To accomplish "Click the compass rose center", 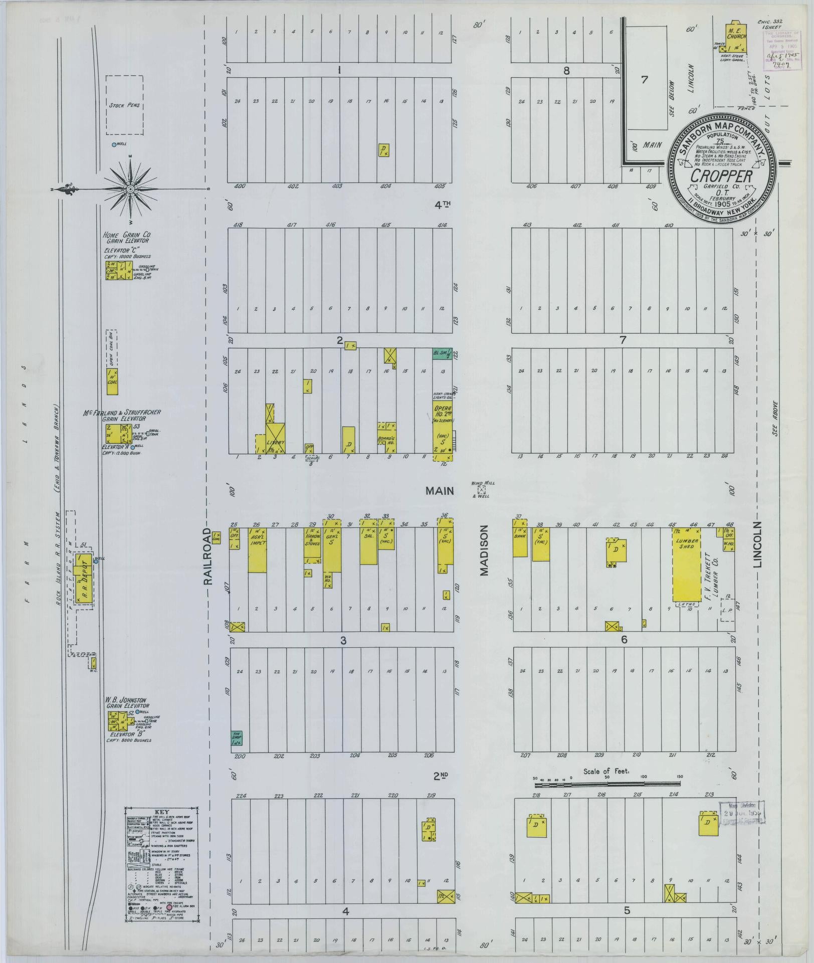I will pos(130,189).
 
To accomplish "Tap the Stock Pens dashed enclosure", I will pos(125,105).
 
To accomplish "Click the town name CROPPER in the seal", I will pos(721,176).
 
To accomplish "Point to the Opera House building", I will pos(442,427).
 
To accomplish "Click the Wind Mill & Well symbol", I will pos(482,490).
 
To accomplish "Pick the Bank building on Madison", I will pos(519,539).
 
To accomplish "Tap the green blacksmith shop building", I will pos(442,353).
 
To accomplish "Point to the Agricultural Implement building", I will pos(257,549).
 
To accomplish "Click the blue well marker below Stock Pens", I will pos(114,144).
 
